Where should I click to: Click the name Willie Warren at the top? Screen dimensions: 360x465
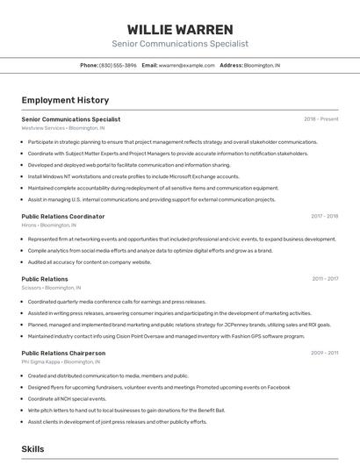pos(179,29)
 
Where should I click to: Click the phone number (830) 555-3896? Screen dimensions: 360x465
pos(118,65)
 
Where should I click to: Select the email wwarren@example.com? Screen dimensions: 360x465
pos(186,65)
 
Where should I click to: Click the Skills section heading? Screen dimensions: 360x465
pos(32,448)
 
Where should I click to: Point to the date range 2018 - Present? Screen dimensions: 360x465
pos(320,118)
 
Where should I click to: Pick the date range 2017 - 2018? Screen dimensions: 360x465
pos(324,216)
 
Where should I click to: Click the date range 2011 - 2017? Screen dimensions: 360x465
pos(325,279)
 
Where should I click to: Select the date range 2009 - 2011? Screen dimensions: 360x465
pos(324,353)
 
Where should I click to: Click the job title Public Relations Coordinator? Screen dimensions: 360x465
pos(62,216)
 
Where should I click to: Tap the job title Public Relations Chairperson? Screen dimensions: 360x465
pos(63,353)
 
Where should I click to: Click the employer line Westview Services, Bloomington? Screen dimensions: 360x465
pos(62,128)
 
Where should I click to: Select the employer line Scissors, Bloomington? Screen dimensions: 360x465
pos(51,288)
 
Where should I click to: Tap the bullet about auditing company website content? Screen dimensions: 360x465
pos(90,261)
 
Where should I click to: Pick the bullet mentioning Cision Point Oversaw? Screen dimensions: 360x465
pos(166,335)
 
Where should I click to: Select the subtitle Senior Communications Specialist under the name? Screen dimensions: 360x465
pos(179,43)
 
